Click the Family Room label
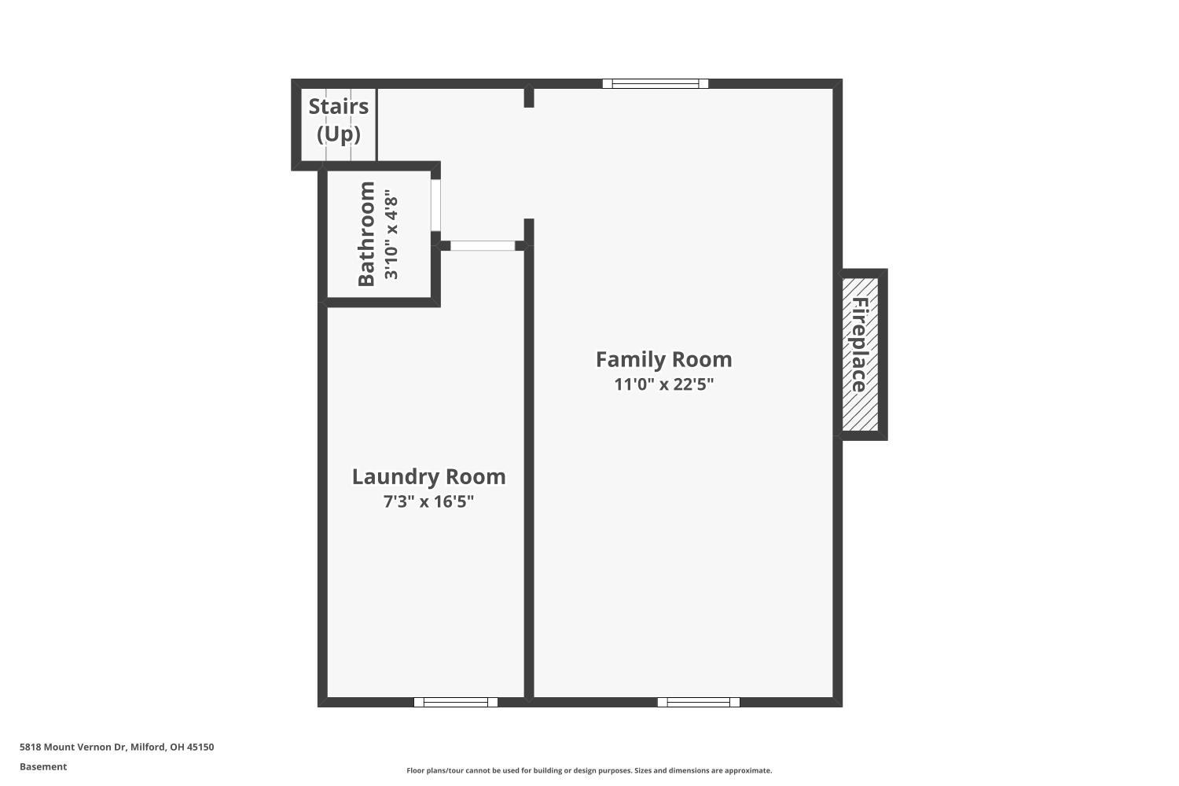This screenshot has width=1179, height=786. point(663,359)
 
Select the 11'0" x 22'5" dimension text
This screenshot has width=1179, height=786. point(663,384)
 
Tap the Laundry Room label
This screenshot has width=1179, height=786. point(428,476)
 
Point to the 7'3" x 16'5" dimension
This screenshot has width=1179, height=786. point(428,501)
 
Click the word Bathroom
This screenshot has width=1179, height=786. point(366,234)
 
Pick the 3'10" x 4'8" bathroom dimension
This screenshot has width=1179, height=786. point(391,234)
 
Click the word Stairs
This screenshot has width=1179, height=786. point(338,106)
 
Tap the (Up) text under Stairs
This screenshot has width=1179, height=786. point(338,134)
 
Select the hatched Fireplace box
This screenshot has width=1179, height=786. point(860,354)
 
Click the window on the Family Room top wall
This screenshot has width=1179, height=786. point(656,83)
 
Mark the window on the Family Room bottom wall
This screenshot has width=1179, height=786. point(698,702)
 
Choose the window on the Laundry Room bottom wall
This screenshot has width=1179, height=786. point(456,702)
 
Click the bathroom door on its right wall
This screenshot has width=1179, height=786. point(435,205)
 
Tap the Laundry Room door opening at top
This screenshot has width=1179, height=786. point(482,245)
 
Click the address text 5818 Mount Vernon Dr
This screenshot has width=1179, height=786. point(72,747)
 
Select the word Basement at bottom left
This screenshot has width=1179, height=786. point(43,766)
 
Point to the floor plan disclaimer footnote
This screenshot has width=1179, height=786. point(589,770)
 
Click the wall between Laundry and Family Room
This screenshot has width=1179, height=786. point(529,472)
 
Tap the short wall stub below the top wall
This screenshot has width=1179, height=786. point(529,97)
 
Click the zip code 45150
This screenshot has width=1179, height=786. point(200,747)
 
